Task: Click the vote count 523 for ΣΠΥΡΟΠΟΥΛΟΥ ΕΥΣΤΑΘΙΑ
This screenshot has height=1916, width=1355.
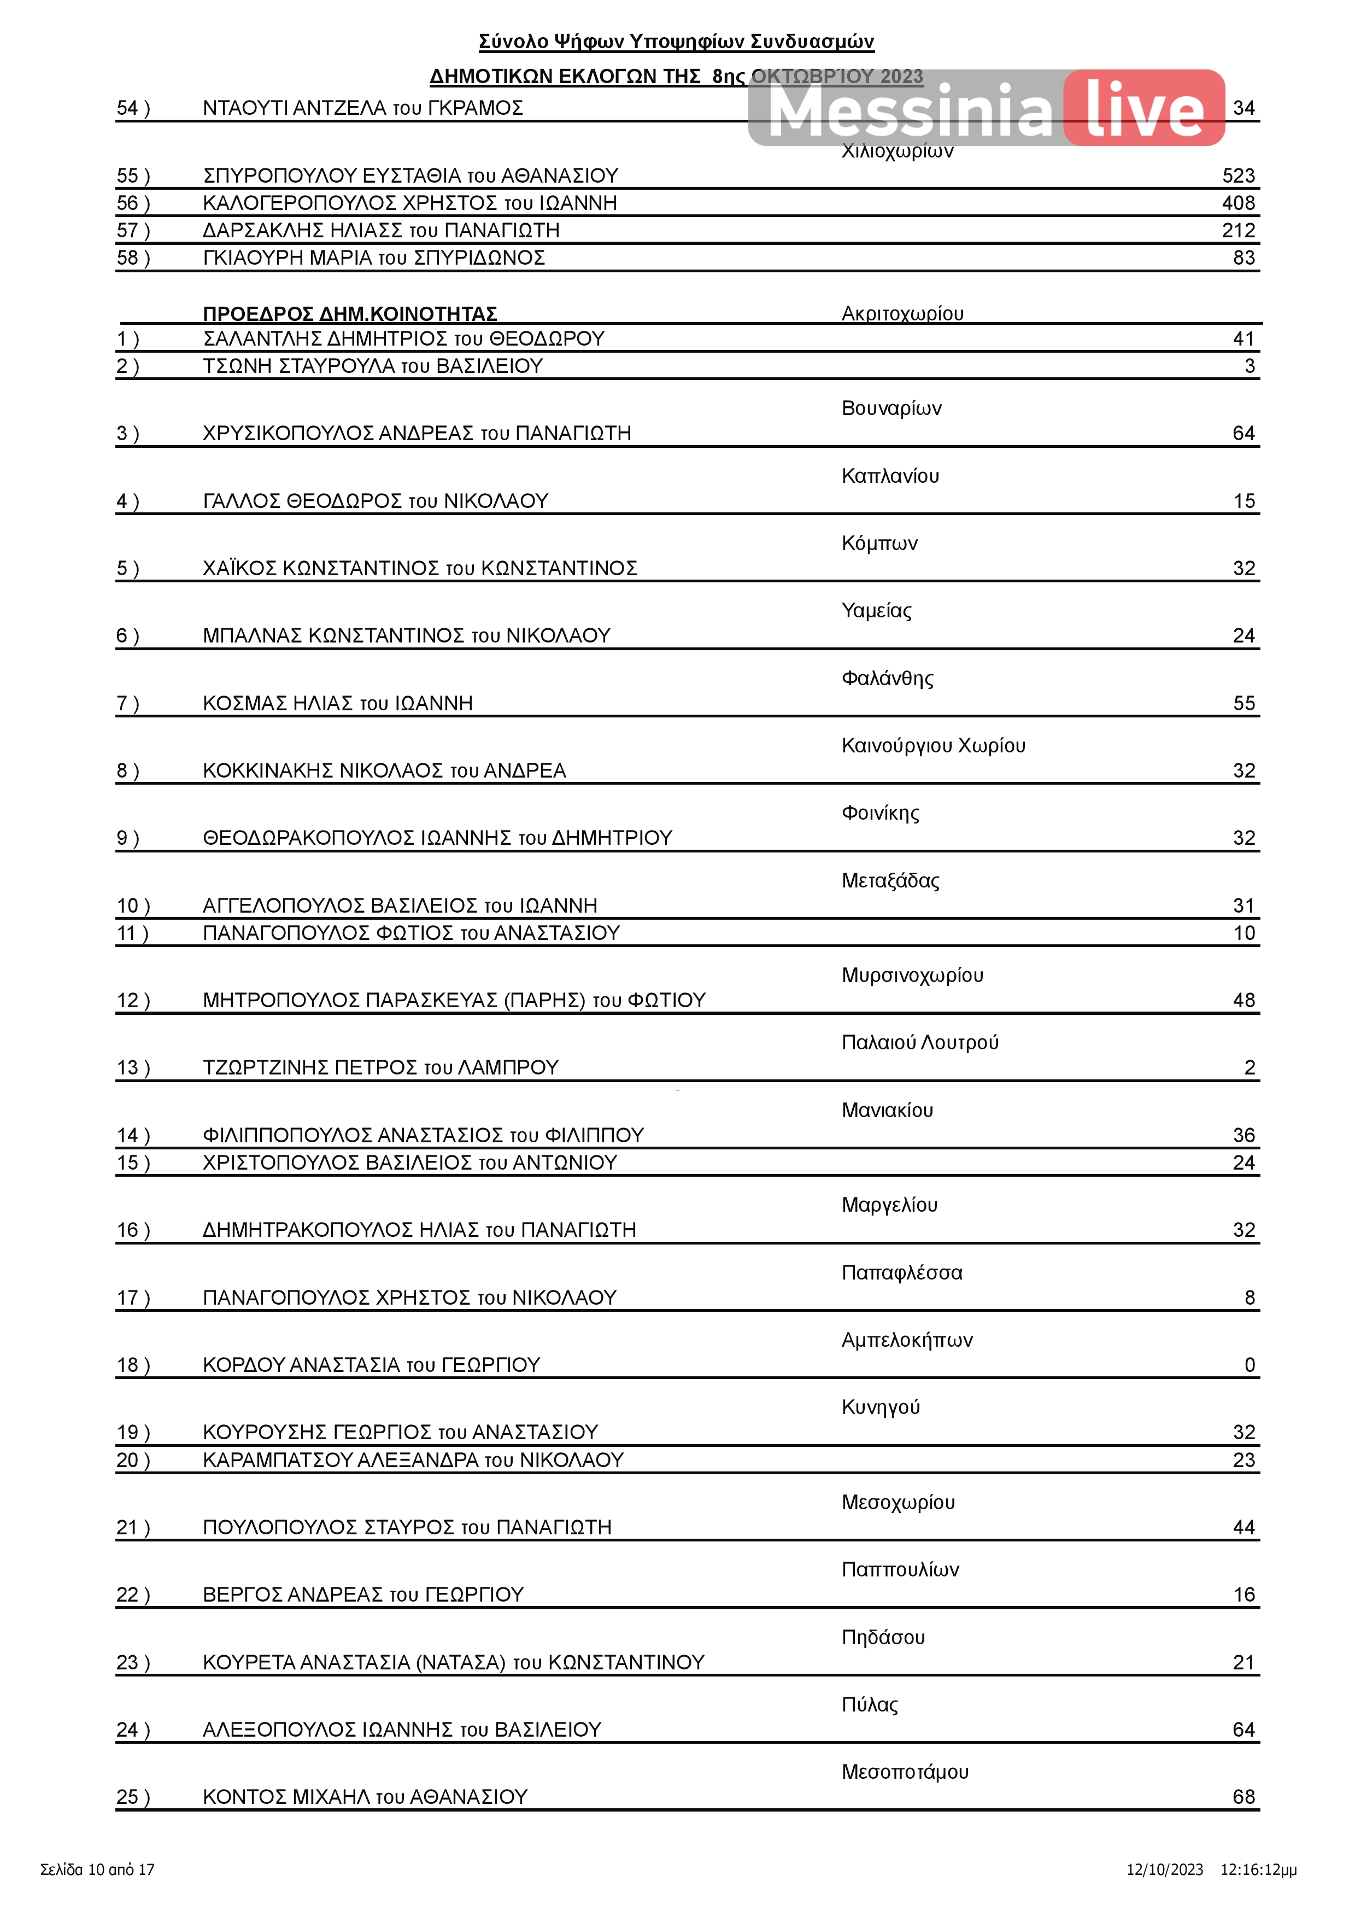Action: tap(1237, 176)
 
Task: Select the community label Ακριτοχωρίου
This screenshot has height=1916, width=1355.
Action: tap(902, 314)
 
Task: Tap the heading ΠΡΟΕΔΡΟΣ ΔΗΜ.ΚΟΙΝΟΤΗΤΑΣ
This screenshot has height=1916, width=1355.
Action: tap(350, 314)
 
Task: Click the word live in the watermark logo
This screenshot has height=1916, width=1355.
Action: tap(1145, 109)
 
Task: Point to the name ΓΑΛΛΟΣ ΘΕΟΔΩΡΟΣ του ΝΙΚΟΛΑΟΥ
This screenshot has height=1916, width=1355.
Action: tap(376, 501)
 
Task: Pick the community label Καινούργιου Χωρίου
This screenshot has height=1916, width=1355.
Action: tap(933, 745)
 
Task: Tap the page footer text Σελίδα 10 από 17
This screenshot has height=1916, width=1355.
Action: tap(98, 1870)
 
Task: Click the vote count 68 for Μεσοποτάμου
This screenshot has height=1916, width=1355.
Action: tap(1243, 1797)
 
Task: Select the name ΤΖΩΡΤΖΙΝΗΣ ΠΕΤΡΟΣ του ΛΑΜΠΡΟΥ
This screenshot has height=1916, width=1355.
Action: tap(380, 1067)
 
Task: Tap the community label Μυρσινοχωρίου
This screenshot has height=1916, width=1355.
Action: tap(912, 975)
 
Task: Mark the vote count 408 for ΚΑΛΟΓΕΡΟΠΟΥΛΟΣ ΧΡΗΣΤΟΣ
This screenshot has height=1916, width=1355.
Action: tap(1237, 203)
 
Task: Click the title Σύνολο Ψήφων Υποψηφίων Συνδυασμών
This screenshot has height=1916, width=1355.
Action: tap(676, 42)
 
